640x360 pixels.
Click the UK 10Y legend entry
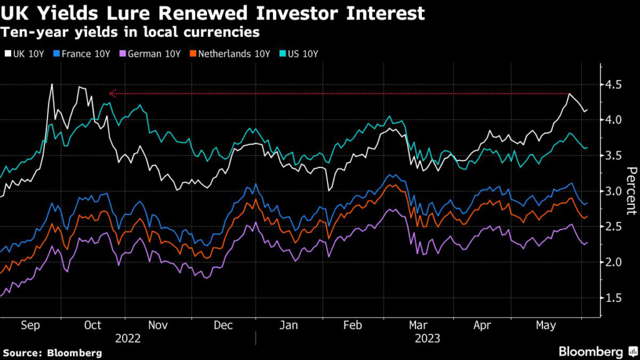[26, 54]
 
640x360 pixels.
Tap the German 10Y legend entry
[155, 54]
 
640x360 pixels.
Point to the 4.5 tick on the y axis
[614, 84]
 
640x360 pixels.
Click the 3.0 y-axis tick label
[614, 191]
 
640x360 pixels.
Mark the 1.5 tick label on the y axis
[614, 298]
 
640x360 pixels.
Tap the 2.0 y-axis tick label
[614, 262]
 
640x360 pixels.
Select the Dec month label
[223, 325]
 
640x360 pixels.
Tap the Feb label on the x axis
[353, 325]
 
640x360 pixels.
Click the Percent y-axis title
[631, 191]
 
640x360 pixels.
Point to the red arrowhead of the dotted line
[112, 94]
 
